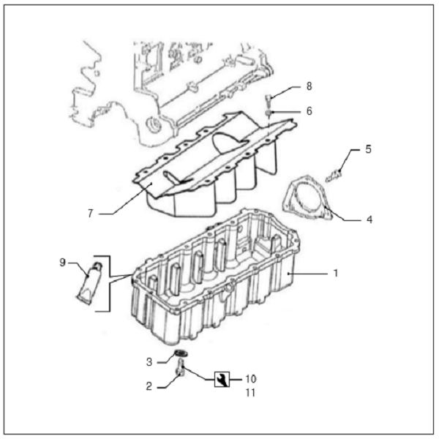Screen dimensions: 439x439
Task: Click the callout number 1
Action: tap(336, 273)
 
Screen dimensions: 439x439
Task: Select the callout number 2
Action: tap(149, 386)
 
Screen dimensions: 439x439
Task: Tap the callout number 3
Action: tap(149, 362)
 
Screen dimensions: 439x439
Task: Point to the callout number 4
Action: tap(369, 219)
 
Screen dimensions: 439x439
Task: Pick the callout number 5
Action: tap(369, 149)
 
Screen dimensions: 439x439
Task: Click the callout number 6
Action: tap(309, 111)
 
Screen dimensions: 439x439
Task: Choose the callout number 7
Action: tap(90, 214)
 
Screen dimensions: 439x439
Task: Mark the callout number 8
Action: tap(309, 86)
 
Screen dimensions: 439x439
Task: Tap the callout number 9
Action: tap(62, 263)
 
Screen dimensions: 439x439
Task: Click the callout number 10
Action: tap(251, 379)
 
